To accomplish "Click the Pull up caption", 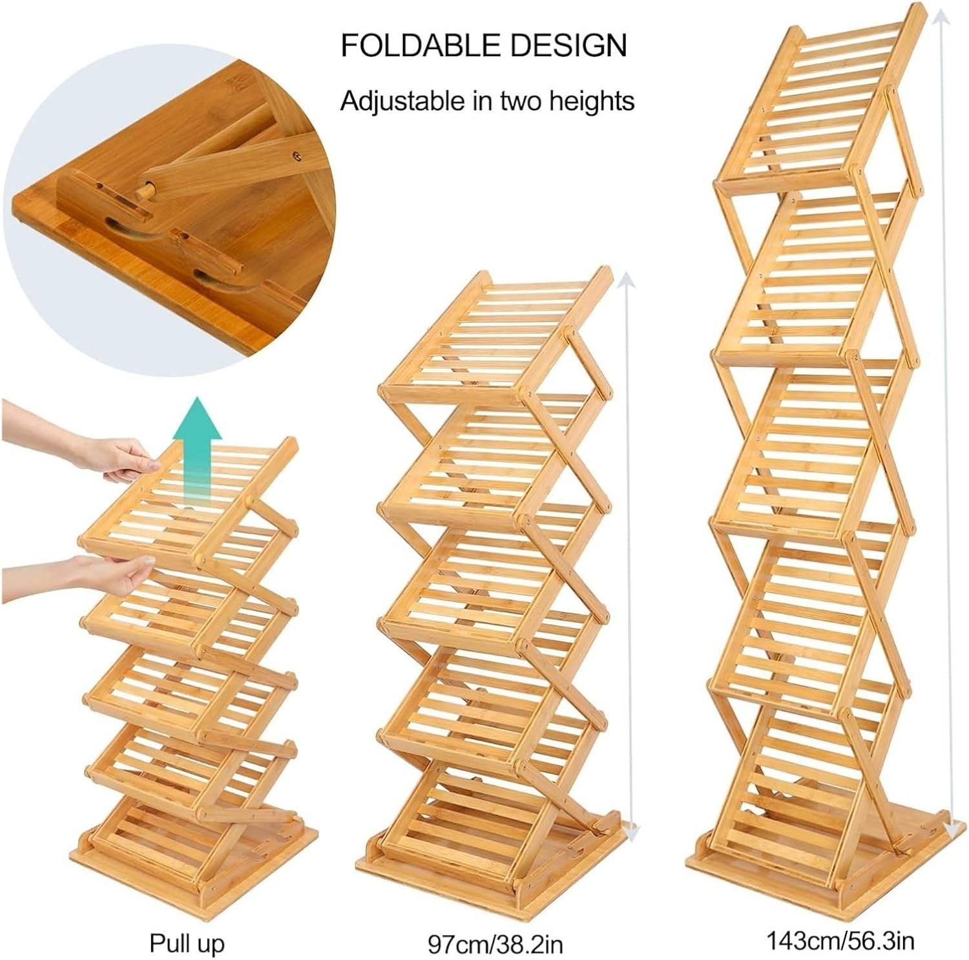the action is (x=187, y=943).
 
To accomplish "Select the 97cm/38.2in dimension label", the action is (x=495, y=944).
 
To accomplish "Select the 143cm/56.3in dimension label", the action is (x=840, y=939).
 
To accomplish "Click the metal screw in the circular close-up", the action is (x=297, y=156).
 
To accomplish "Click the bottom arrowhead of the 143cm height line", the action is (x=950, y=828).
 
